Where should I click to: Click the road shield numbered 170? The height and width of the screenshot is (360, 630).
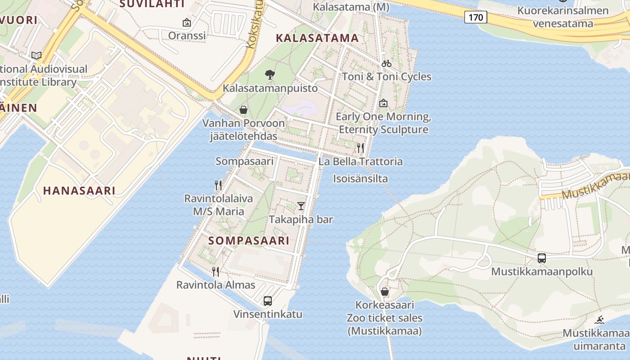tap(476, 18)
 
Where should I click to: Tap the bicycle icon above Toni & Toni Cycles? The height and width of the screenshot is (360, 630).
tap(386, 63)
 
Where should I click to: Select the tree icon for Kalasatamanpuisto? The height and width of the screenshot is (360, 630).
tap(270, 74)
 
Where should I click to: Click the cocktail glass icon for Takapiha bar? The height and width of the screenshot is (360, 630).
tap(301, 206)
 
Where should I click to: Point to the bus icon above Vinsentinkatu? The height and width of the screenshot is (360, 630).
tap(268, 301)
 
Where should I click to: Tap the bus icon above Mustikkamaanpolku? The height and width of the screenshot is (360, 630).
tap(542, 258)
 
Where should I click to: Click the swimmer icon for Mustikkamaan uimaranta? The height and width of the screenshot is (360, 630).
tap(599, 320)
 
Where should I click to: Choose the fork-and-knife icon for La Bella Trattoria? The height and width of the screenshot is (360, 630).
tap(360, 148)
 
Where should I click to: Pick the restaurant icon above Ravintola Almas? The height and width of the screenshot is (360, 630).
tap(216, 271)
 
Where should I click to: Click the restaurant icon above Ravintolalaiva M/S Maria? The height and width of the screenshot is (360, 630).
tap(218, 185)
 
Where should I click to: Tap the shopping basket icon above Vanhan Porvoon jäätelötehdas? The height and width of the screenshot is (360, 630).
tap(243, 110)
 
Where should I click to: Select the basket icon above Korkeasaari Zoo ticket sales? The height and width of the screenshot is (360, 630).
tap(385, 292)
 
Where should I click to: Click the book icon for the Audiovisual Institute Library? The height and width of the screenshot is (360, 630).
tap(36, 56)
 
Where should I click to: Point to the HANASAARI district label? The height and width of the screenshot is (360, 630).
tap(79, 190)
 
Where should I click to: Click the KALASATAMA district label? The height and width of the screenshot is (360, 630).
tap(317, 38)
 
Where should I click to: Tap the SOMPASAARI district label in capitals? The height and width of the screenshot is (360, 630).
tap(249, 241)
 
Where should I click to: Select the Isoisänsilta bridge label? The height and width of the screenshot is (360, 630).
tap(360, 179)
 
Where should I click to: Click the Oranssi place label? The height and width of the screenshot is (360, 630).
tap(187, 35)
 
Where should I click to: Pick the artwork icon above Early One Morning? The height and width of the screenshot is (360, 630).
tap(383, 103)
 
